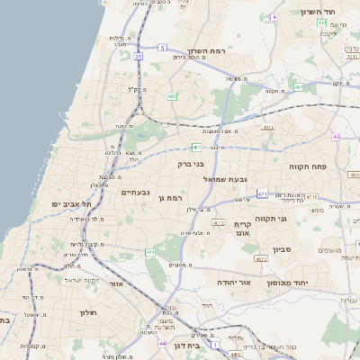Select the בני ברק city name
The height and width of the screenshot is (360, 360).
coord(190,165)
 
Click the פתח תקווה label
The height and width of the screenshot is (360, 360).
coord(307,167)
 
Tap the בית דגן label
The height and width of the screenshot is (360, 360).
coord(185,345)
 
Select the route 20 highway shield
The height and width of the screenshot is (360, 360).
coord(139,56)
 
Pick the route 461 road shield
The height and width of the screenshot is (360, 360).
coord(149,253)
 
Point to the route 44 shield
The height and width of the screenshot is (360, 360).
coord(162,343)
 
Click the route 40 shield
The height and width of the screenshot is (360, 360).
coord(336,137)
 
